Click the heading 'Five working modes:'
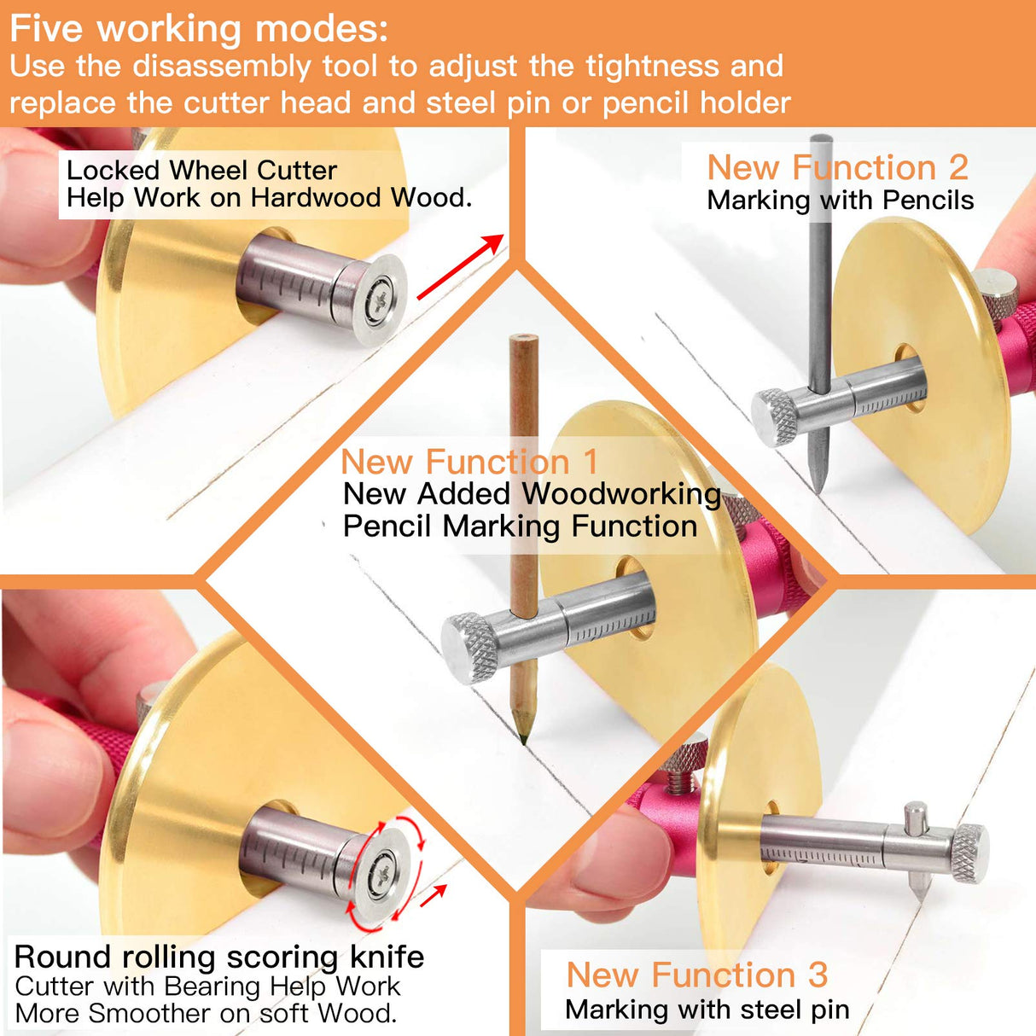tap(199, 29)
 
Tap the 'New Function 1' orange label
tap(469, 462)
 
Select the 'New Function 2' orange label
tap(837, 167)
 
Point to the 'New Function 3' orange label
tap(696, 975)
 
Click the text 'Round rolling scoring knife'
tap(219, 957)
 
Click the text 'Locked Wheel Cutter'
tap(201, 170)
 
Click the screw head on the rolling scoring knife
tap(381, 875)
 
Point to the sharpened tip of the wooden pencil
tap(522, 734)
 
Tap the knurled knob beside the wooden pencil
tap(470, 647)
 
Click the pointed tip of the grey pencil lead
tap(818, 486)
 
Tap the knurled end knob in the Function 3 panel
tap(969, 853)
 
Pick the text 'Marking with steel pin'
tap(707, 1010)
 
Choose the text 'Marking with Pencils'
tap(840, 201)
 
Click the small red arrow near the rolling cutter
tap(434, 894)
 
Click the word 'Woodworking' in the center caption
tap(621, 493)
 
